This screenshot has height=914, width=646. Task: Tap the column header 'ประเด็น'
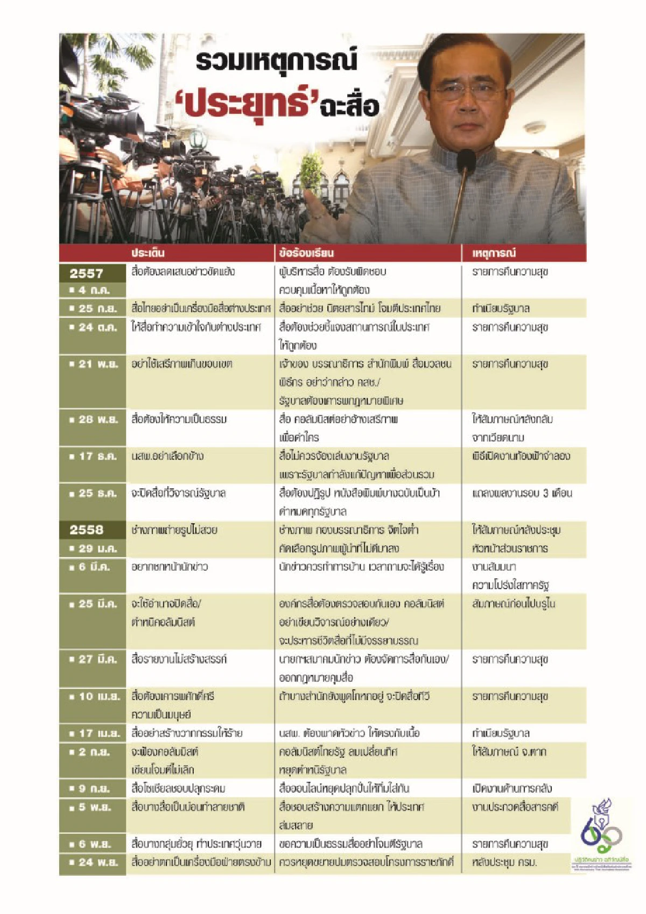(148, 253)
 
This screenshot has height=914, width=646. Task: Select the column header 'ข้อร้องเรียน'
(306, 253)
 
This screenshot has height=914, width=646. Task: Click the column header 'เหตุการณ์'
(494, 253)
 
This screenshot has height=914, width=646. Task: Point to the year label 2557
(86, 273)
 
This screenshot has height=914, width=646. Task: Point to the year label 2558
(86, 530)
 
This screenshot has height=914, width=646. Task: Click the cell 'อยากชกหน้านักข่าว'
(169, 567)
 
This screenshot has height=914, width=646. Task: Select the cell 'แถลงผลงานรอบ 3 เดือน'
(522, 493)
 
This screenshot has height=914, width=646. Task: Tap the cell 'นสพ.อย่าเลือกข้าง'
(167, 456)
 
